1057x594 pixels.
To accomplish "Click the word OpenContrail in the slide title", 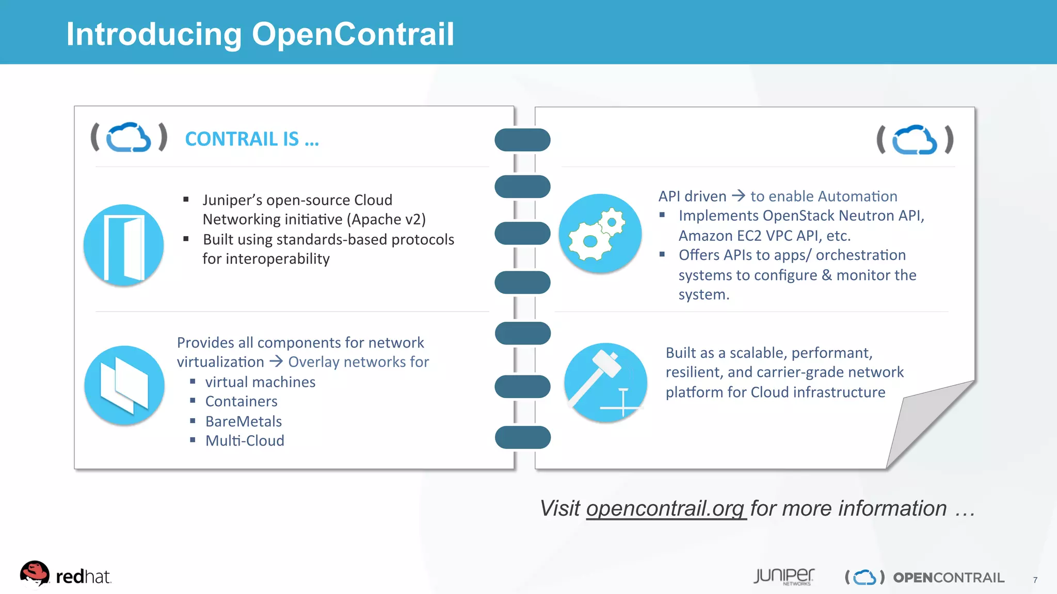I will pos(353,34).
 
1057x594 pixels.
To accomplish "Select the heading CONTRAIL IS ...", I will pos(251,139).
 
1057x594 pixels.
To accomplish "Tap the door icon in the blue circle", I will pos(124,245).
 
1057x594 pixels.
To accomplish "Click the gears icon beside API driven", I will pos(600,234).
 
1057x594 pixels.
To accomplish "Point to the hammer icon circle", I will pos(605,383).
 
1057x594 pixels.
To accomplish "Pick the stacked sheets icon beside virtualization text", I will pos(124,385).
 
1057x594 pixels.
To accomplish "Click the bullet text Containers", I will pos(241,401).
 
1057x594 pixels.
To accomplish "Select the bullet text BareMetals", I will pos(243,421).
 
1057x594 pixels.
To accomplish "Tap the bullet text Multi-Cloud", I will pos(245,441).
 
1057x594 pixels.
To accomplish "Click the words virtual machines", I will pos(260,382).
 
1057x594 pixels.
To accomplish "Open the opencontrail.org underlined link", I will pos(666,509).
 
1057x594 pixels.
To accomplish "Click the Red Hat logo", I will pos(65,575).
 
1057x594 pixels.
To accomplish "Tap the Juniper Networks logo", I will pos(783,576).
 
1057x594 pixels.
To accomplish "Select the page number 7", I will pos(1035,580).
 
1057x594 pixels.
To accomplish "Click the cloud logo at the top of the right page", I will pos(915,140).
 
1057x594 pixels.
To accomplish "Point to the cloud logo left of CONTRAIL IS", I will pos(129,137).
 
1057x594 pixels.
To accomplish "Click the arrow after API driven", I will pos(739,195).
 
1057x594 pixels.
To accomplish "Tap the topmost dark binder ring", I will pos(522,140).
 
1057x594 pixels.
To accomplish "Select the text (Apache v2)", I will pos(386,220).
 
